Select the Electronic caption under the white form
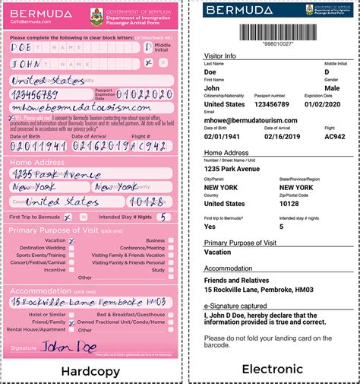point(271,370)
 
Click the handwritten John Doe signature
point(69,347)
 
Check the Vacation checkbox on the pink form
point(72,240)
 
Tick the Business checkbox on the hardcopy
point(171,240)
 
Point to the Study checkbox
point(171,269)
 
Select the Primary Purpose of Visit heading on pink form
point(62,229)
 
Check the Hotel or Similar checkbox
point(72,314)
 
